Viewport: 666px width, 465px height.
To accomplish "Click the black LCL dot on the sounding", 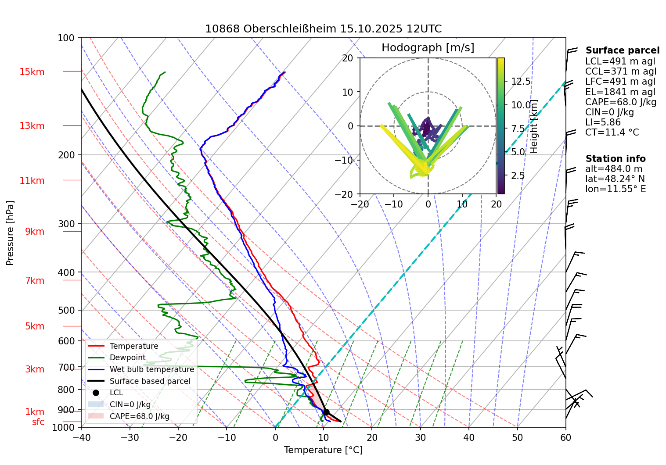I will point(326,412).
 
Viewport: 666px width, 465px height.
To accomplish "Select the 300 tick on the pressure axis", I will point(67,224).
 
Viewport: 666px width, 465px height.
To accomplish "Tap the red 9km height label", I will point(35,232).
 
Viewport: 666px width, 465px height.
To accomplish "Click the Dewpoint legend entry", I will point(127,358).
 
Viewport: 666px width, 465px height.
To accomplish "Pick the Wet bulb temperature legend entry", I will point(151,369).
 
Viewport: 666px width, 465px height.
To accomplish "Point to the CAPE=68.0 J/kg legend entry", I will point(139,416).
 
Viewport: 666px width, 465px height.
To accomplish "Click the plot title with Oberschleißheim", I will point(323,29).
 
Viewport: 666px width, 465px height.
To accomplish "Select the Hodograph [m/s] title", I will point(428,47).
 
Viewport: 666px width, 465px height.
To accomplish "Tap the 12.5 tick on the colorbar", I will point(521,82).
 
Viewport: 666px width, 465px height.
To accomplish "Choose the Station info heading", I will point(616,159).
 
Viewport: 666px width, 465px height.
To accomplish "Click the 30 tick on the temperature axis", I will point(420,437).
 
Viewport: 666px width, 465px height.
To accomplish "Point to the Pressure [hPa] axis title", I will point(10,232).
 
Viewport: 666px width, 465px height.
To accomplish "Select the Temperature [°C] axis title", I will point(323,450).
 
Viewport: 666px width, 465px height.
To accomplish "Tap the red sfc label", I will point(38,422).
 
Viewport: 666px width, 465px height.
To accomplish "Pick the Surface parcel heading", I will point(622,50).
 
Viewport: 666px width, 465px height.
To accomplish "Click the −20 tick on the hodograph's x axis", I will point(360,204).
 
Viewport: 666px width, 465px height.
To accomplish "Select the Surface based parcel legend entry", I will point(150,381).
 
